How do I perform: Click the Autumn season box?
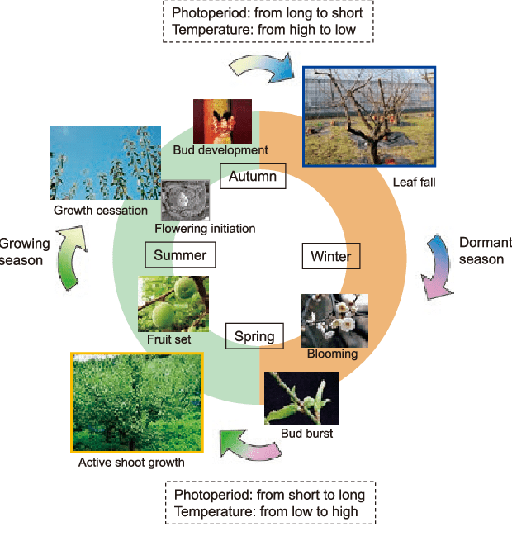(254, 176)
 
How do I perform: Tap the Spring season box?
(255, 336)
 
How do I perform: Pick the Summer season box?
(180, 255)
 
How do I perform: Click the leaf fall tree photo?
(369, 116)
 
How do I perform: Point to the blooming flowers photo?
(334, 320)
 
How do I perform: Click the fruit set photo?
(173, 303)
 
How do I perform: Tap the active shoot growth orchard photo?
(137, 402)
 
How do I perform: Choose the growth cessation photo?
(105, 163)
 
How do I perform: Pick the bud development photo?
(222, 121)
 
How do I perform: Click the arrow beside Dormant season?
(436, 266)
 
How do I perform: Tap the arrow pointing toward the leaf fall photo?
(263, 68)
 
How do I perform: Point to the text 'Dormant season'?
(481, 250)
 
